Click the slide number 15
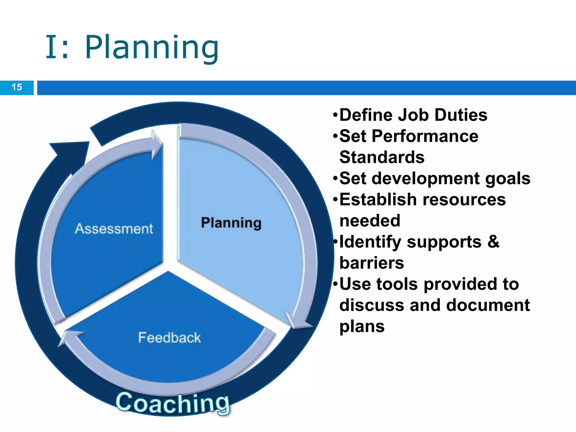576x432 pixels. click(17, 87)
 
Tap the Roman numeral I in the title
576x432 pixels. click(52, 47)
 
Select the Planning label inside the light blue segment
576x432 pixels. click(231, 223)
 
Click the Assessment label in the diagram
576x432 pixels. click(114, 229)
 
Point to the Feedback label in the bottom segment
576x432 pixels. click(169, 337)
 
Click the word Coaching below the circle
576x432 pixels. click(173, 403)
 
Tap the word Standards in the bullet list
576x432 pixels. click(382, 157)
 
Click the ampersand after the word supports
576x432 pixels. click(493, 242)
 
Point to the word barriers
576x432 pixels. click(372, 263)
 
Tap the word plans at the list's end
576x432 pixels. click(362, 327)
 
